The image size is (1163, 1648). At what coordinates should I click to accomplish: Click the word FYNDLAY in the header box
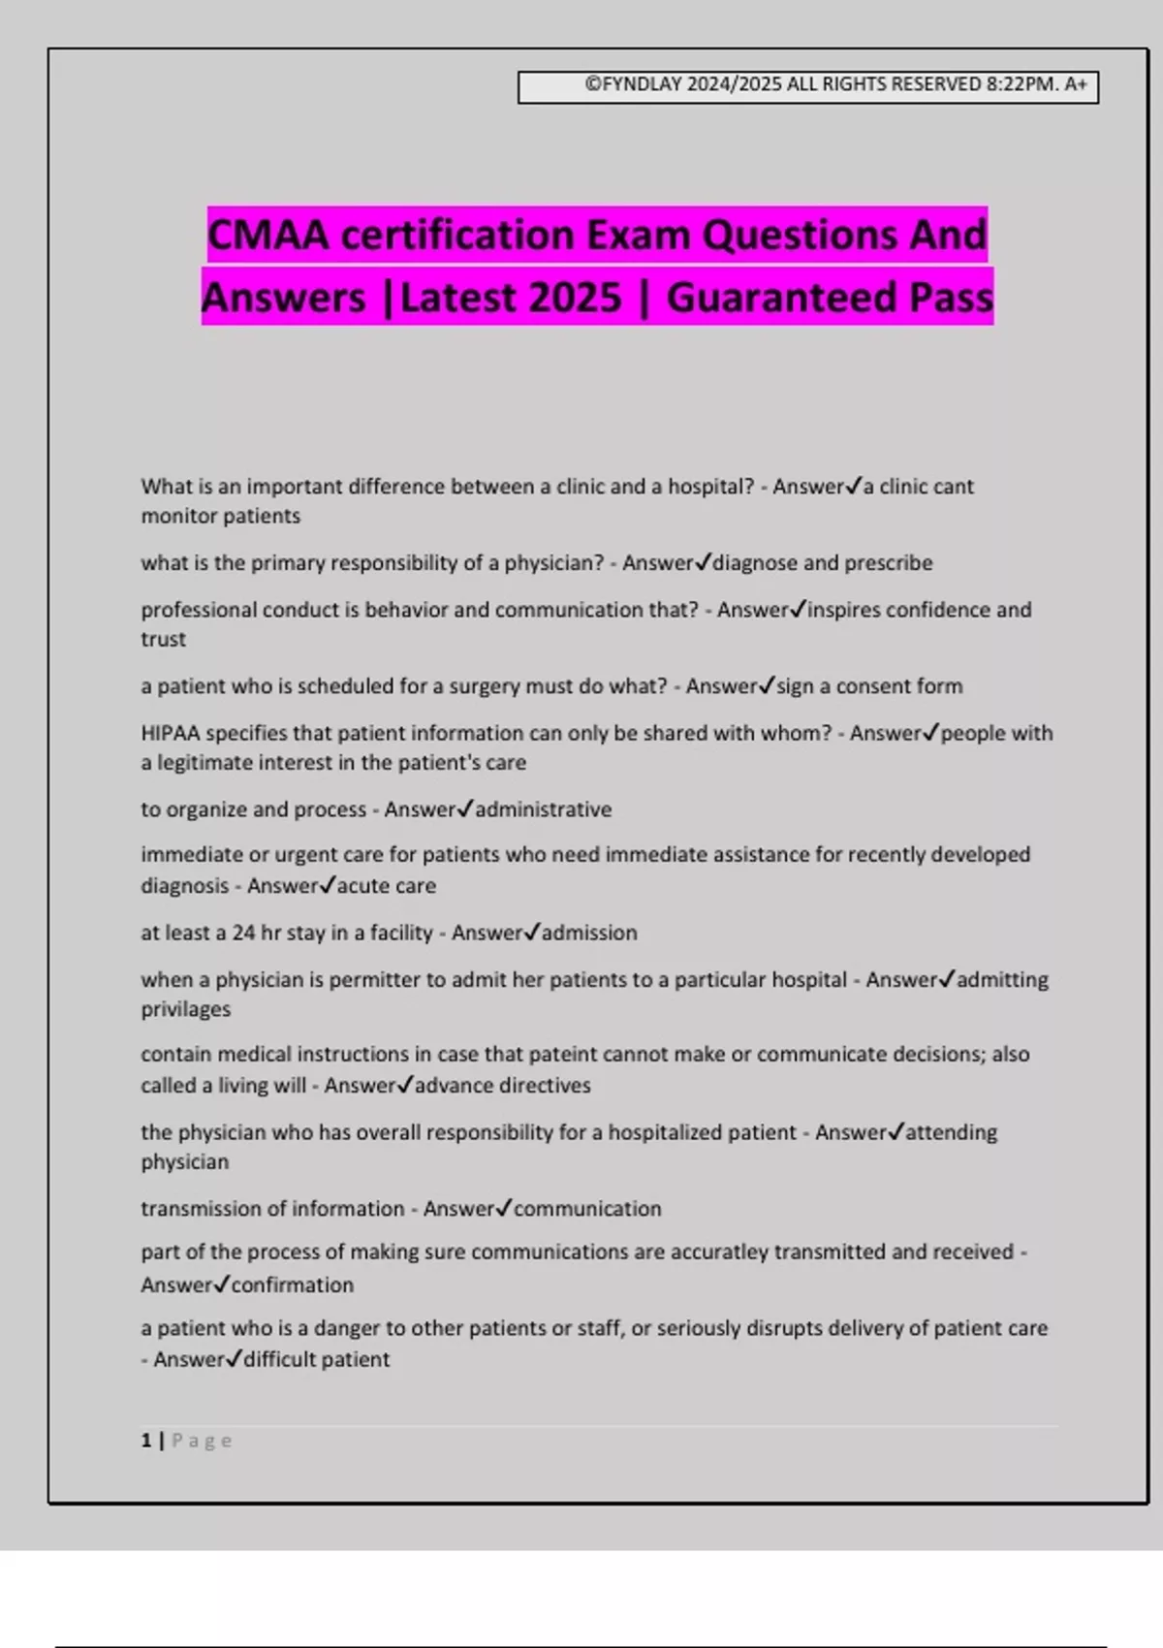point(642,84)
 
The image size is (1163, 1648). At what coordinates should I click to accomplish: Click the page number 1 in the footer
point(146,1441)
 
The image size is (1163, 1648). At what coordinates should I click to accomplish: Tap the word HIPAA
point(170,733)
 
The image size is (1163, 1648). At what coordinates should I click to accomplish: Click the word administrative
point(543,809)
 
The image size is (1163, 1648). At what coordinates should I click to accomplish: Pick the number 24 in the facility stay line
point(243,933)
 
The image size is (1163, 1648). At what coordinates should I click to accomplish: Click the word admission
point(589,933)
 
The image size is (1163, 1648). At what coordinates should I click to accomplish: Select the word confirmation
point(292,1285)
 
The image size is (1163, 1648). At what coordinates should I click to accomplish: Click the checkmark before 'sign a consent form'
point(767,685)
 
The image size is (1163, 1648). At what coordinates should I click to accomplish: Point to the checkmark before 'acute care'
point(328,885)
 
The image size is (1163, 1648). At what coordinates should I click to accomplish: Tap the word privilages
point(186,1009)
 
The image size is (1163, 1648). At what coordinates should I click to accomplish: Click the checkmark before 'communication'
point(503,1208)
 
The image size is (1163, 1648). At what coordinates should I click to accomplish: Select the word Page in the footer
point(203,1441)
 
